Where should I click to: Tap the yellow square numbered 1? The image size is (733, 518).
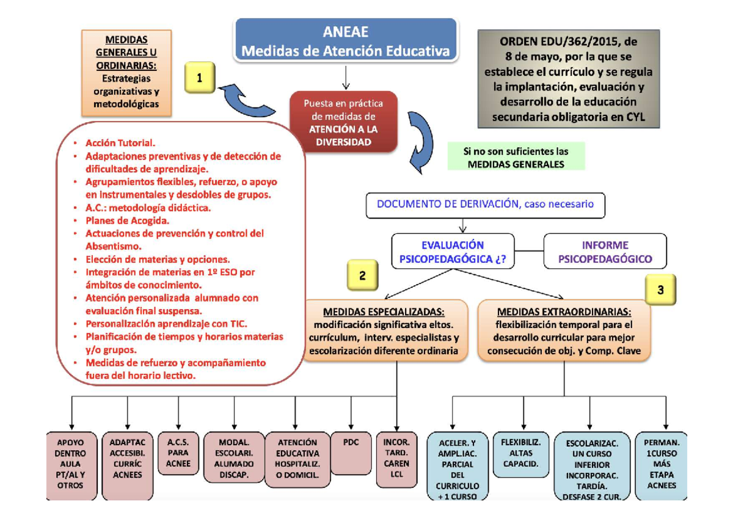[200, 78]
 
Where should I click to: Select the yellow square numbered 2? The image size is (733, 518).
[362, 275]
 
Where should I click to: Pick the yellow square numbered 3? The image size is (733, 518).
[660, 290]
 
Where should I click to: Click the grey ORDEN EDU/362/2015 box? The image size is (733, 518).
[569, 79]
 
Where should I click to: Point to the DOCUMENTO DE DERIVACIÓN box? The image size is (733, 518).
[485, 205]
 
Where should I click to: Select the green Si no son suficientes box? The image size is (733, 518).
[516, 156]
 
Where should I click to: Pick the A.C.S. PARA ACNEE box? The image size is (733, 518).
[178, 451]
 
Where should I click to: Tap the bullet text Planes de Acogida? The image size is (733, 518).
[127, 221]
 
